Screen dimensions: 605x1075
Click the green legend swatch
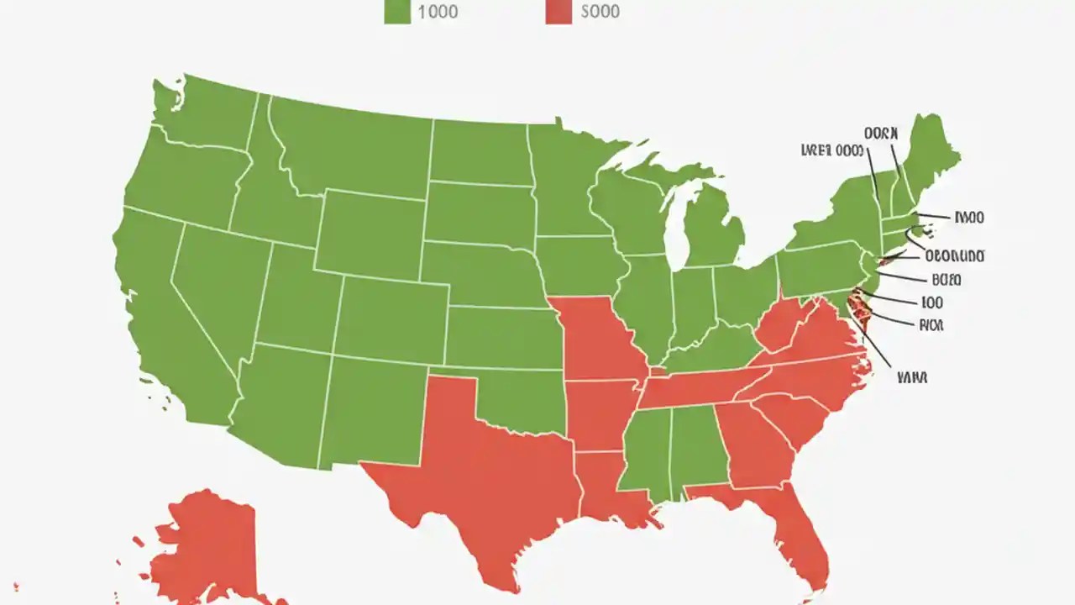(397, 12)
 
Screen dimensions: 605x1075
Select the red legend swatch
(558, 12)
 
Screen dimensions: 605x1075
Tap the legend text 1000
(438, 12)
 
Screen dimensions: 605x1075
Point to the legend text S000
(600, 12)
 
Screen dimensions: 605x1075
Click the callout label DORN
(880, 133)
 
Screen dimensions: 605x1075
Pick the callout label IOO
(931, 302)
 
